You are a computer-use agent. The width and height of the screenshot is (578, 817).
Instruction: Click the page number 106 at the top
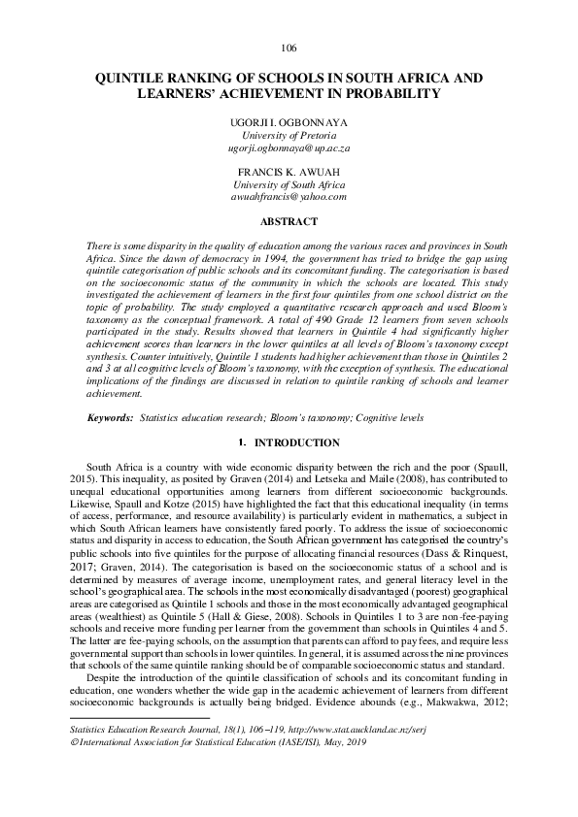pyautogui.click(x=288, y=49)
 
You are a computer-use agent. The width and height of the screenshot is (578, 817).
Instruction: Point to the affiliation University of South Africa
pyautogui.click(x=289, y=184)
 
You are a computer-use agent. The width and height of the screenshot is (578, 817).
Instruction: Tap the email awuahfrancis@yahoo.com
pyautogui.click(x=289, y=196)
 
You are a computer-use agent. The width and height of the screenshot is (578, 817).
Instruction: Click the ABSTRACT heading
pyautogui.click(x=289, y=220)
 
